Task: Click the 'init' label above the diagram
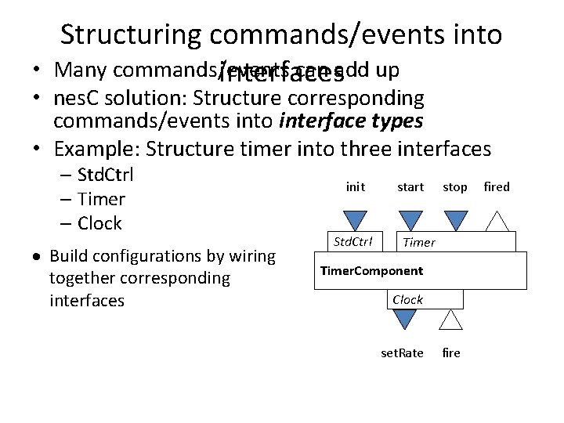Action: coord(355,186)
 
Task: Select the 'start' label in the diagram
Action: coord(410,186)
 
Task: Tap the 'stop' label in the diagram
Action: coord(455,186)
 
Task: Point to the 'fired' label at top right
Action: coord(497,186)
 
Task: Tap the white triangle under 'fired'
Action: coord(497,222)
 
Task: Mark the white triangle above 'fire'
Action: coord(450,320)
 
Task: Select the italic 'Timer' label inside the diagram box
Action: coord(418,242)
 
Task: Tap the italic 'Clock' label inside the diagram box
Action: coord(407,299)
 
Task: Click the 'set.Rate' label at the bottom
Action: coord(402,353)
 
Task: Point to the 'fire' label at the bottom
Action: coord(451,353)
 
